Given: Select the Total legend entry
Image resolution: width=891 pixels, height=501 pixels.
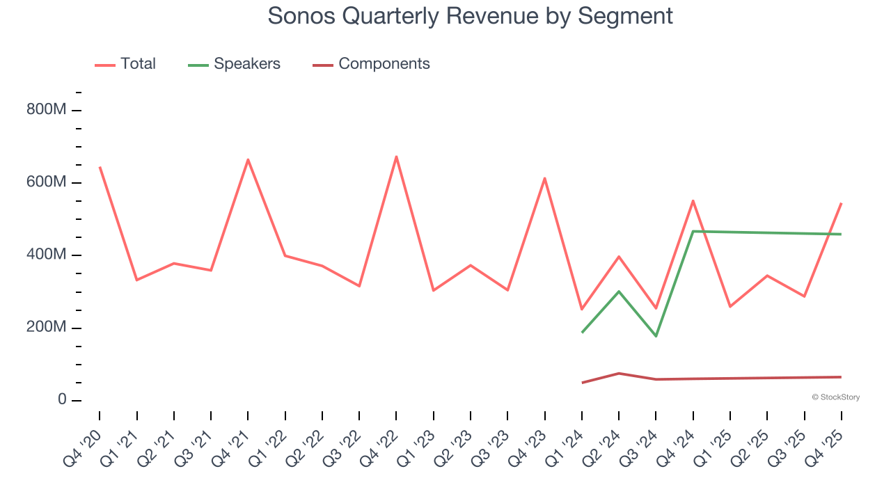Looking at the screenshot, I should point(137,64).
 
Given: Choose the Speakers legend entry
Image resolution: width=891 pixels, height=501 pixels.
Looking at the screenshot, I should point(246,64).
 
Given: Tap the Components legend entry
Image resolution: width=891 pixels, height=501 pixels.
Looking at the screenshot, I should point(384,64).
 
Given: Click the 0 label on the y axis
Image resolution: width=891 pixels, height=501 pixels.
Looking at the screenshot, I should point(63,400).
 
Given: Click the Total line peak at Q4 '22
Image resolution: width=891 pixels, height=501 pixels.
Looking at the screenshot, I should point(396,157).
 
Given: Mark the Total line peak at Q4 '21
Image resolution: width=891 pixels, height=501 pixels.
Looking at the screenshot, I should point(248,159).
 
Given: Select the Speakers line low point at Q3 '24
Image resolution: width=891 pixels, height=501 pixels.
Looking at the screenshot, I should point(656,336).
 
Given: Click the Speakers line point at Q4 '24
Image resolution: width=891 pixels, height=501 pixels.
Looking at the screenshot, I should point(693,231).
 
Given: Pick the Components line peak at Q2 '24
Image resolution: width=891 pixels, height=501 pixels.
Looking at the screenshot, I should point(619,374).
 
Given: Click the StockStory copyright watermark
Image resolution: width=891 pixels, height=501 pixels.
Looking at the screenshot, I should point(835,397).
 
